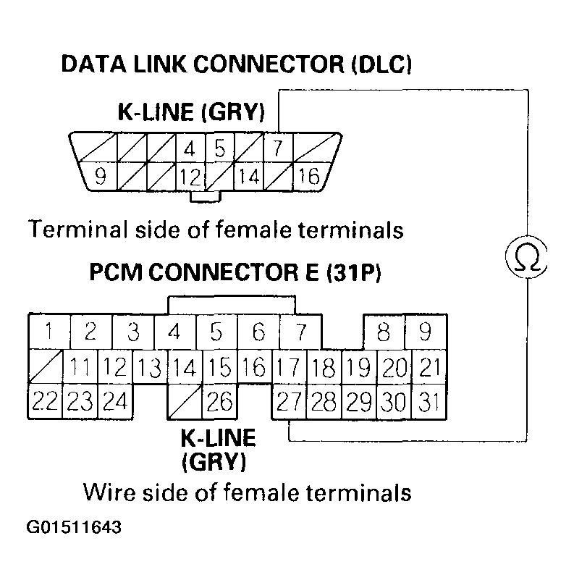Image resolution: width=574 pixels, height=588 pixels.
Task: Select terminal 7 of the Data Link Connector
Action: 277,148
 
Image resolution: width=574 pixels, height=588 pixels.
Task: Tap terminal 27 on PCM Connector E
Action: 288,400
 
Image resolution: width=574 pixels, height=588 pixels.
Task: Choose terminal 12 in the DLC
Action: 190,175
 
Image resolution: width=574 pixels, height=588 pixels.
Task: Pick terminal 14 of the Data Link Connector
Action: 248,175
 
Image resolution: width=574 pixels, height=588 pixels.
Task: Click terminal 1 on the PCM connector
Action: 48,332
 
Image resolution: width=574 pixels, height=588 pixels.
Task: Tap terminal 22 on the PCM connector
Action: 45,400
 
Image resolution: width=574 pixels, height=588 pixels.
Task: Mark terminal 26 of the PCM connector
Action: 219,400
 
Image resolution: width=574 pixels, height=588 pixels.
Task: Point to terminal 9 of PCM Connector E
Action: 426,332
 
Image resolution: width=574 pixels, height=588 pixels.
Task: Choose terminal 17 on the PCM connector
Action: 288,367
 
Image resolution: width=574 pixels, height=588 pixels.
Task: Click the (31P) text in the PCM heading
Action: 355,274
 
